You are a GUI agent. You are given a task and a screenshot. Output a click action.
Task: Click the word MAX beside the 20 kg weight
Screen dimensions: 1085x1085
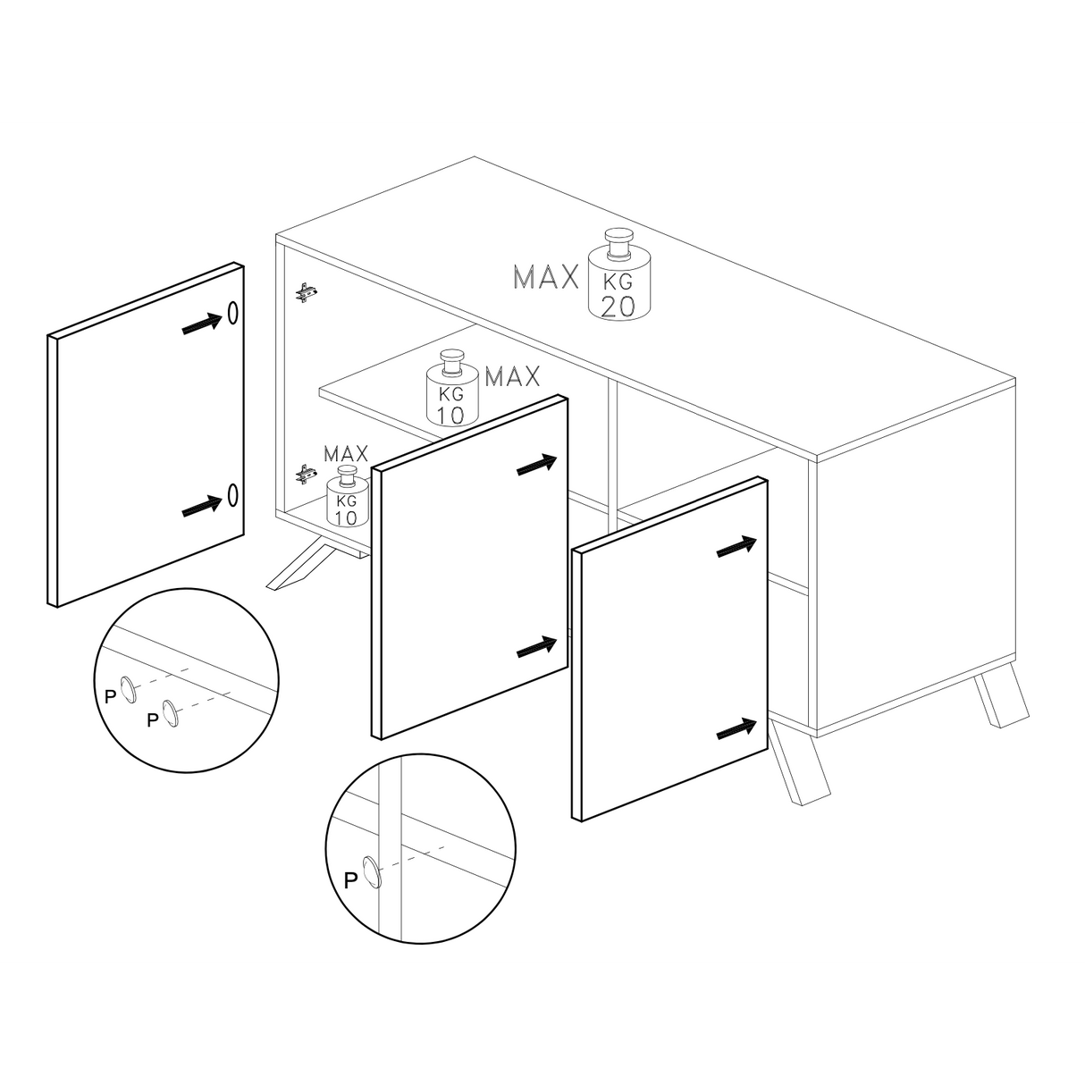click(x=546, y=278)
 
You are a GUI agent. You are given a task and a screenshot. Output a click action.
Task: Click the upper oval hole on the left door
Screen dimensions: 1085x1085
click(x=232, y=313)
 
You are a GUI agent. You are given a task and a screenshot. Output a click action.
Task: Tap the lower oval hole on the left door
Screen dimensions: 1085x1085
click(x=232, y=494)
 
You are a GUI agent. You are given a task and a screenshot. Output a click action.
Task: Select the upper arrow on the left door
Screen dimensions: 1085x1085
click(x=202, y=324)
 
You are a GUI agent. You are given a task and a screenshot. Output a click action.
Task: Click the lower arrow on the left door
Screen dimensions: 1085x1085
click(x=202, y=506)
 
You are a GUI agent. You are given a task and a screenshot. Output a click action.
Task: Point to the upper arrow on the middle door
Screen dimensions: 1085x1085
click(x=538, y=465)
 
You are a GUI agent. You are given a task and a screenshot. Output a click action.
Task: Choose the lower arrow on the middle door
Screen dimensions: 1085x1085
click(x=538, y=647)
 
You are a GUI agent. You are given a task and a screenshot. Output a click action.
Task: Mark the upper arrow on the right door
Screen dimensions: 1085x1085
click(x=737, y=547)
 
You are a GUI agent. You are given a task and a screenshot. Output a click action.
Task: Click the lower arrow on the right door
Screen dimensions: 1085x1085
click(x=737, y=729)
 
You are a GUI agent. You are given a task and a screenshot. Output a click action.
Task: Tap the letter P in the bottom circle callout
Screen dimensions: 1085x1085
click(x=351, y=879)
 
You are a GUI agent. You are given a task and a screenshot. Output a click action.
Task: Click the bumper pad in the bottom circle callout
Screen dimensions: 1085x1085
click(x=371, y=871)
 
